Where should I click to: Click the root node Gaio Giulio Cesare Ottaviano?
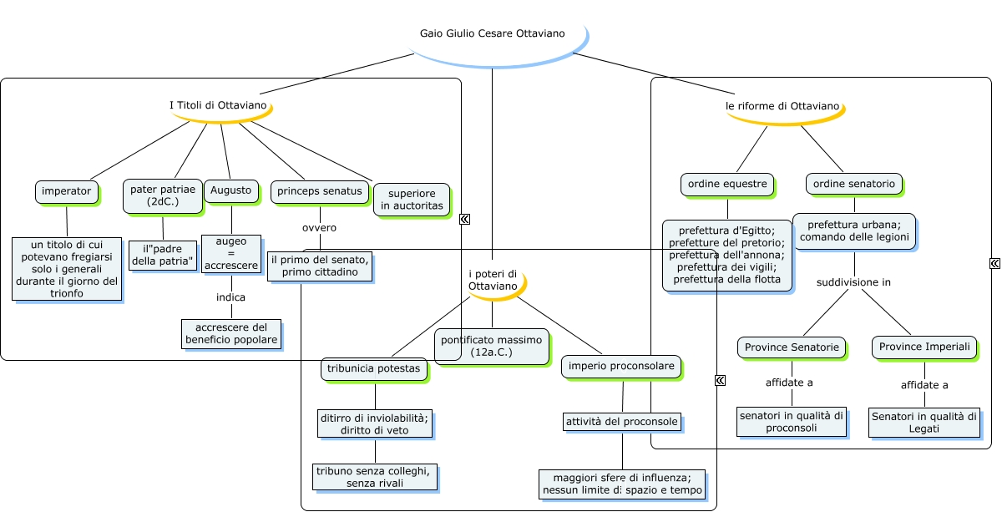coord(492,34)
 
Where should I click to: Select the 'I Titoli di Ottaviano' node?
coord(219,106)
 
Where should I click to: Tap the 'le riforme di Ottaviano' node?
coord(782,107)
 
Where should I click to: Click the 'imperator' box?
coord(67,191)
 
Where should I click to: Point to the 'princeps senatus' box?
coord(320,191)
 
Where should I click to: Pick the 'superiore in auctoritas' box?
coord(412,200)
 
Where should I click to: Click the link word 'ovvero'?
coord(319,227)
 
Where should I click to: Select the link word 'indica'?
coord(230,297)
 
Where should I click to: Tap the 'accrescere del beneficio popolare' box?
coord(230,333)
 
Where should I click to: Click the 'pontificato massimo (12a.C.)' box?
coord(491,346)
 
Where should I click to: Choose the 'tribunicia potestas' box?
coord(375,369)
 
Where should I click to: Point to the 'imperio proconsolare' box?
coord(620,366)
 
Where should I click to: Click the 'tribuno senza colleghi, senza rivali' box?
coord(375,477)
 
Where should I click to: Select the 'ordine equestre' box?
coord(726,184)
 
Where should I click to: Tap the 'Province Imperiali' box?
coord(924,347)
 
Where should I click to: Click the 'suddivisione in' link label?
coord(853,282)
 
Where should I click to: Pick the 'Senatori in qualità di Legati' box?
coord(924,422)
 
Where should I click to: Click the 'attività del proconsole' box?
coord(621,421)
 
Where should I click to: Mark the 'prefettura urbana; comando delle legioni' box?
coord(853,231)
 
